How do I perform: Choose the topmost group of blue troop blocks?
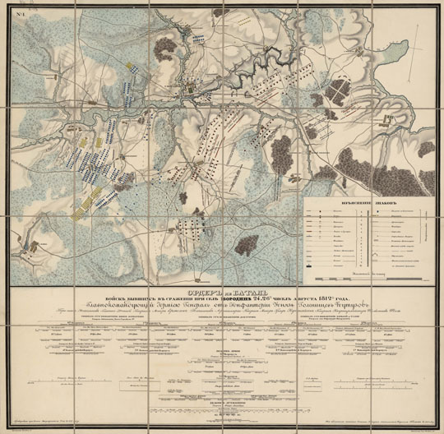pyautogui.click(x=198, y=37)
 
